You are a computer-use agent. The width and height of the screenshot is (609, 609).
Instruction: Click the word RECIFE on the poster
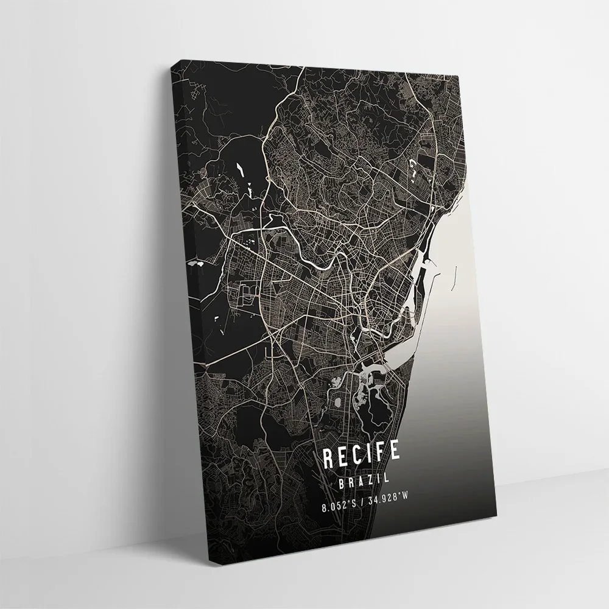361,454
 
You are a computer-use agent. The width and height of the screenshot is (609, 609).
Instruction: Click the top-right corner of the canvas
464,73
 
